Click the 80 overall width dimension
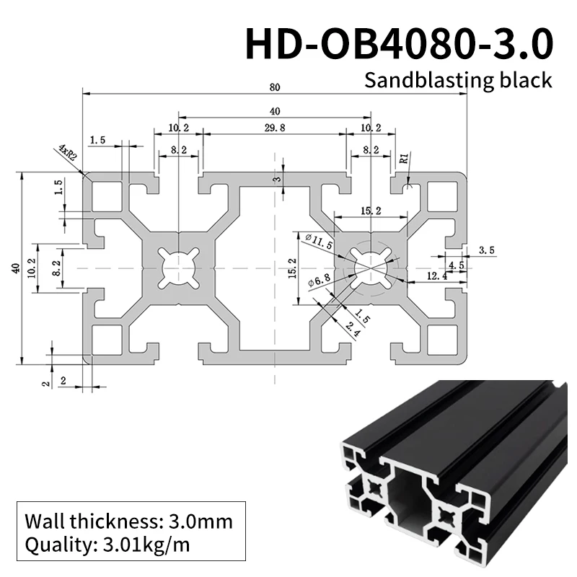(x=274, y=88)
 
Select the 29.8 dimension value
(x=274, y=128)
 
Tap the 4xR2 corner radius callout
(x=68, y=153)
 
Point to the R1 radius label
(x=404, y=157)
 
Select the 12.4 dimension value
(x=436, y=275)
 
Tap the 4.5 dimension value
(x=456, y=265)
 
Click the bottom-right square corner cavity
(x=442, y=338)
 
